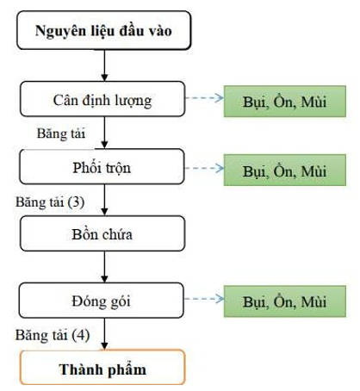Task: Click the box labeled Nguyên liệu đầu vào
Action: (103, 30)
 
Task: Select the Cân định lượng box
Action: (102, 99)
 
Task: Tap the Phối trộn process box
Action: (102, 166)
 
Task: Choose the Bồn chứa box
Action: (102, 233)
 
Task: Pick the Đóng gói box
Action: (102, 301)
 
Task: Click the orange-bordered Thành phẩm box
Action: (102, 367)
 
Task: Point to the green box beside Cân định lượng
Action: (285, 102)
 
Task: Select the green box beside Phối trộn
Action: (285, 170)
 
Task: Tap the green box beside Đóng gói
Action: (285, 301)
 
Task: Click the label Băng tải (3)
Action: (50, 202)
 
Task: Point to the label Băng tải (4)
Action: (53, 335)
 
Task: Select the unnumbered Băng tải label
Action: (61, 133)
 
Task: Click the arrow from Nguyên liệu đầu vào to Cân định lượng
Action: (104, 65)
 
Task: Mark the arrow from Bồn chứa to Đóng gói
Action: (104, 267)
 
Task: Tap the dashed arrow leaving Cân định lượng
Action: (204, 98)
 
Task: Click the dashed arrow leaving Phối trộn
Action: (204, 168)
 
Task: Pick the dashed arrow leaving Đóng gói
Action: (204, 299)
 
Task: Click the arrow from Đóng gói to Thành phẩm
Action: (104, 334)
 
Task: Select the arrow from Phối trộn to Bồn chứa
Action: (104, 200)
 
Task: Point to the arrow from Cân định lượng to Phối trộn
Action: (104, 133)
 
